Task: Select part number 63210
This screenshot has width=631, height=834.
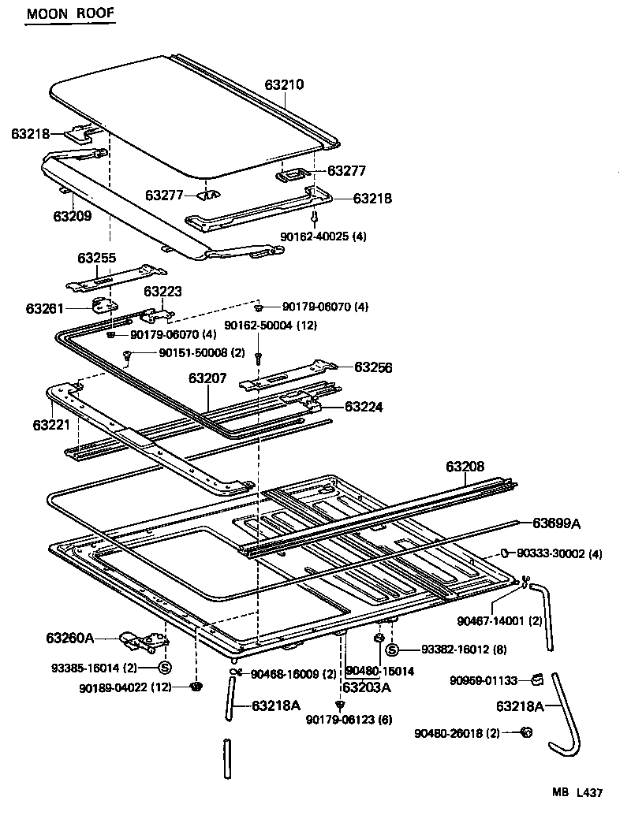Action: coord(284,84)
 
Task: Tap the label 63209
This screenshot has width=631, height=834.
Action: coord(73,215)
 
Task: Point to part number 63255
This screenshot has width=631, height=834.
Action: coord(96,257)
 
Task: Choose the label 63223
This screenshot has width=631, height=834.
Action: coord(162,292)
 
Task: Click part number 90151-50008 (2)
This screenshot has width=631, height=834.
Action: coord(191,352)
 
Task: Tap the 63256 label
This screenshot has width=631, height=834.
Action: coord(373,367)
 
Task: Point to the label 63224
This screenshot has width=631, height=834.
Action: coord(363,407)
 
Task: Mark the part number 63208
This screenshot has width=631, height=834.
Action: coord(465,467)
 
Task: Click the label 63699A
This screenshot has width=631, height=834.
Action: coord(557,523)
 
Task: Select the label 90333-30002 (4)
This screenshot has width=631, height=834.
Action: coord(561,554)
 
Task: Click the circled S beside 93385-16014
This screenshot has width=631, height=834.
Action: coord(166,668)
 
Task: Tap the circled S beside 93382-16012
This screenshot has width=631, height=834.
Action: coord(392,650)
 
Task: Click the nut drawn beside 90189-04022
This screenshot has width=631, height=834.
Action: coord(196,687)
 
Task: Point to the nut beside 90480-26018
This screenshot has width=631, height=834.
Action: coord(526,733)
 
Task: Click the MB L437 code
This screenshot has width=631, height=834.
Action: coord(577,793)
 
